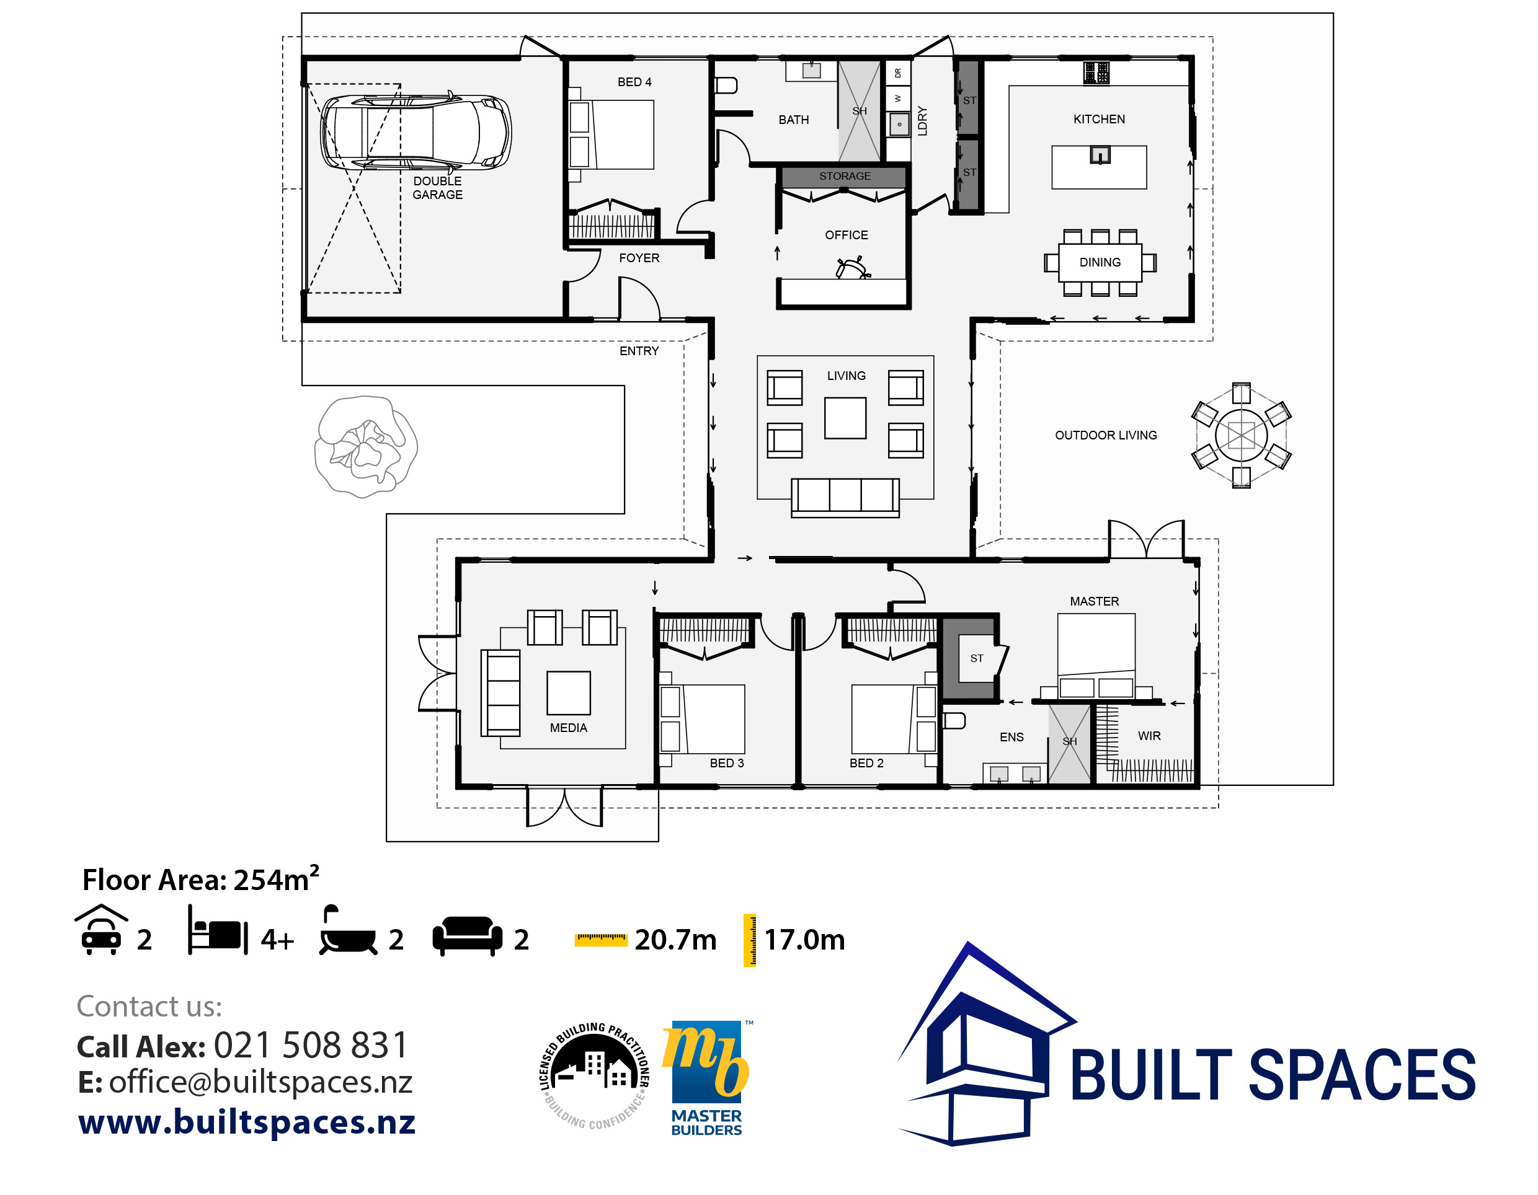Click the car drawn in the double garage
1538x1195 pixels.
pyautogui.click(x=416, y=132)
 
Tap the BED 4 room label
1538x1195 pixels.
pyautogui.click(x=634, y=82)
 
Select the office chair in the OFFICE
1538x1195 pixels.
pyautogui.click(x=851, y=268)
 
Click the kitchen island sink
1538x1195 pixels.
pyautogui.click(x=1100, y=154)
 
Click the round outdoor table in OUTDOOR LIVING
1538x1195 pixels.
pyautogui.click(x=1241, y=435)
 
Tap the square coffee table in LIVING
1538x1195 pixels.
pyautogui.click(x=845, y=418)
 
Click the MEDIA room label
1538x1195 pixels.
pyautogui.click(x=567, y=728)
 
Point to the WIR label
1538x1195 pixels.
pyautogui.click(x=1149, y=736)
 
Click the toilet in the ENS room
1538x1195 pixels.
pyautogui.click(x=954, y=721)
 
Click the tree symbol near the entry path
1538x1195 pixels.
pyautogui.click(x=365, y=447)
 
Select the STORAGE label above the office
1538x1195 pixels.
pyautogui.click(x=845, y=176)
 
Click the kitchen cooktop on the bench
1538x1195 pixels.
pyautogui.click(x=1096, y=72)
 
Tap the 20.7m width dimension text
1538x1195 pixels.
pyautogui.click(x=675, y=940)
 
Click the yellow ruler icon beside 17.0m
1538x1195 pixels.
pyautogui.click(x=749, y=940)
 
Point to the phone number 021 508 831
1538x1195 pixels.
pyautogui.click(x=311, y=1045)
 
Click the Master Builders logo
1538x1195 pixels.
pyautogui.click(x=706, y=1077)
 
